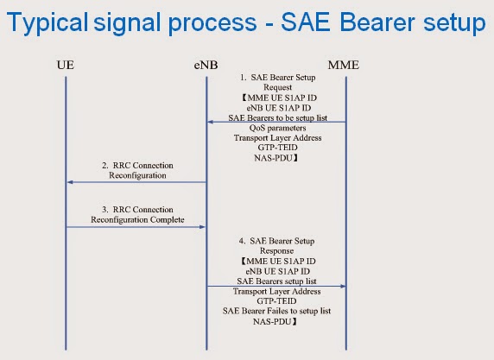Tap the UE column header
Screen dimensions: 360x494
66,65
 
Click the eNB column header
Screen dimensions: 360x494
206,65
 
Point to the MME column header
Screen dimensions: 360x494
345,65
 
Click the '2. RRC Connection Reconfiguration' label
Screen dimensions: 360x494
136,169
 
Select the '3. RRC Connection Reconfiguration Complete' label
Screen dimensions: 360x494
136,214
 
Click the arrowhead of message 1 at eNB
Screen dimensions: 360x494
211,123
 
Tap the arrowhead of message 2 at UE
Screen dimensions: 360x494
71,182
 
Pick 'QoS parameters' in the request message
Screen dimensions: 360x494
275,128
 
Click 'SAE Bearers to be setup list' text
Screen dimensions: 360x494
275,117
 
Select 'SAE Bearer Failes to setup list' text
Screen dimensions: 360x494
275,311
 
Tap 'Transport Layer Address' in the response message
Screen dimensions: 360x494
275,291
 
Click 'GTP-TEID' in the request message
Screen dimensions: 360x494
275,148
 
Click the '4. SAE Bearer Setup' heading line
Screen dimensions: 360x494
275,239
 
